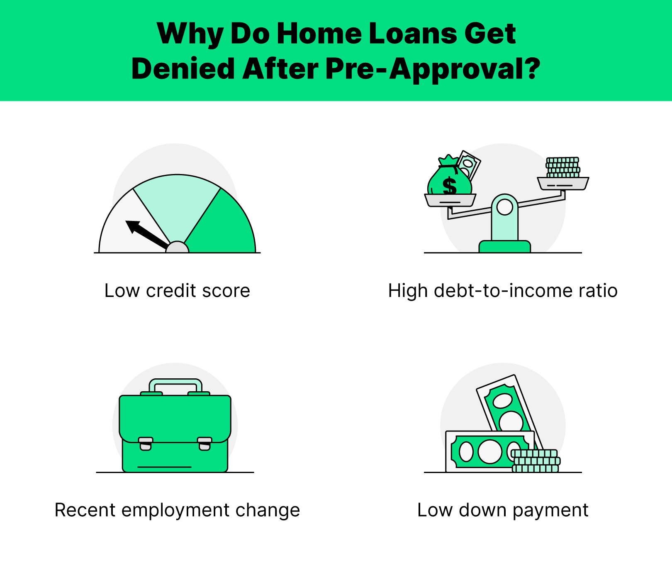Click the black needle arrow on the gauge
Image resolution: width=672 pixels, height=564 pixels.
pyautogui.click(x=148, y=235)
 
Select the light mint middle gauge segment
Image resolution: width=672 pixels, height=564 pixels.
pyautogui.click(x=177, y=204)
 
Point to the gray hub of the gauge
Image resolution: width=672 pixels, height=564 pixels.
pyautogui.click(x=177, y=248)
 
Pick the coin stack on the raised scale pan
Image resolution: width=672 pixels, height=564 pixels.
pyautogui.click(x=563, y=167)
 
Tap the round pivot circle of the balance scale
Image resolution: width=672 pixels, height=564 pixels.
pyautogui.click(x=504, y=207)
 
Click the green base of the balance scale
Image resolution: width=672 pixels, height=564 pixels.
pyautogui.click(x=504, y=247)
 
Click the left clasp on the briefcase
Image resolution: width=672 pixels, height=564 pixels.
pyautogui.click(x=146, y=444)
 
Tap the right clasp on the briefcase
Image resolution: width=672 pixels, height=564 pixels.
pyautogui.click(x=205, y=444)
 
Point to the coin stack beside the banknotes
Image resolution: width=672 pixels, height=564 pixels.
pyautogui.click(x=536, y=461)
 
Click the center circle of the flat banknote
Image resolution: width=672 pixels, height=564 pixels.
pyautogui.click(x=490, y=451)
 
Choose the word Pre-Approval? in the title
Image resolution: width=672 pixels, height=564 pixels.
pyautogui.click(x=433, y=69)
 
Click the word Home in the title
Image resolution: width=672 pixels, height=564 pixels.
pyautogui.click(x=319, y=33)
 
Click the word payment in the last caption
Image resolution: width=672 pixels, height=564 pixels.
pyautogui.click(x=550, y=510)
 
